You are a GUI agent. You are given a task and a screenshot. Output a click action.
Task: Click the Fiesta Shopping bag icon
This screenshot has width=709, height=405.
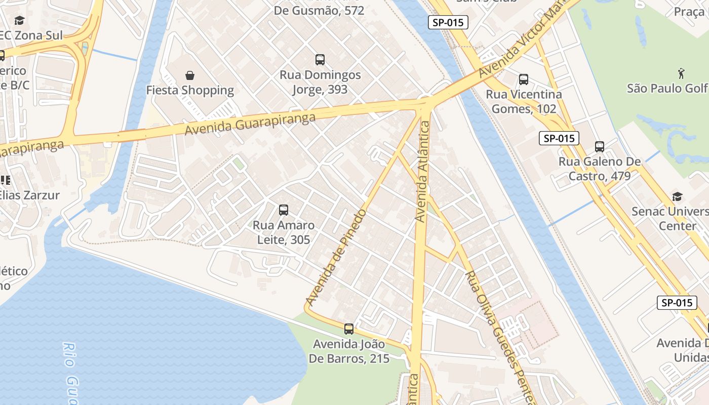coord(190,75)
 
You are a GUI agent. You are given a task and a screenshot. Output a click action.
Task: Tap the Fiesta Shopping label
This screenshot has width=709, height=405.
coord(190,91)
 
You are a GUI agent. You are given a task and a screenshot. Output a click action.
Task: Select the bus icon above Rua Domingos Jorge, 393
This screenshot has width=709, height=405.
coord(320,60)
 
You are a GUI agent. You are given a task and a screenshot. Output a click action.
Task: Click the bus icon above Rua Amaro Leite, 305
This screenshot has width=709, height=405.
coord(284,210)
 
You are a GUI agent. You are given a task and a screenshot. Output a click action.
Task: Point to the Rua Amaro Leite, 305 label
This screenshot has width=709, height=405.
coord(284,232)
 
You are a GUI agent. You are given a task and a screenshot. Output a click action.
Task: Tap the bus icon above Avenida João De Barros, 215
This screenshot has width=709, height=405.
coord(349,329)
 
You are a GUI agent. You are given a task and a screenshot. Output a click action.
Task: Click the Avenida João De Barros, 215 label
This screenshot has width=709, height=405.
coord(349,351)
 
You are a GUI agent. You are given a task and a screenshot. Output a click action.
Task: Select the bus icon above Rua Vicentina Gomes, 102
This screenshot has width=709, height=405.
coord(524,79)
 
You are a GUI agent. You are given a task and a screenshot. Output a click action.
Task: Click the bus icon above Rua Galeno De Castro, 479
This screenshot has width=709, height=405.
coord(600,147)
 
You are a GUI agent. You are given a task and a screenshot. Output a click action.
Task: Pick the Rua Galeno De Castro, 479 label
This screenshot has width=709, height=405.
coord(600,169)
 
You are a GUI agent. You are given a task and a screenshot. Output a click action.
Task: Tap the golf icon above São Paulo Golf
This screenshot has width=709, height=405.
coord(682,73)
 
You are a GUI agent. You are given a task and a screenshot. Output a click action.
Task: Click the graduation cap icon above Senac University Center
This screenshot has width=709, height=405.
coord(677,196)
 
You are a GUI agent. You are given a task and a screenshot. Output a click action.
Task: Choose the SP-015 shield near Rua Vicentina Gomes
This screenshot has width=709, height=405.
coord(559,138)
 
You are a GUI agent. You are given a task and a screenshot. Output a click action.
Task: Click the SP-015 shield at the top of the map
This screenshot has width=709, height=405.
coord(448,22)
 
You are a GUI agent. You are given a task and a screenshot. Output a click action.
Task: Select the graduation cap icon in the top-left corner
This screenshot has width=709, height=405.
coord(19,20)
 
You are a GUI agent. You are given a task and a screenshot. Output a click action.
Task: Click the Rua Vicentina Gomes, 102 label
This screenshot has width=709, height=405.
coord(524,102)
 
